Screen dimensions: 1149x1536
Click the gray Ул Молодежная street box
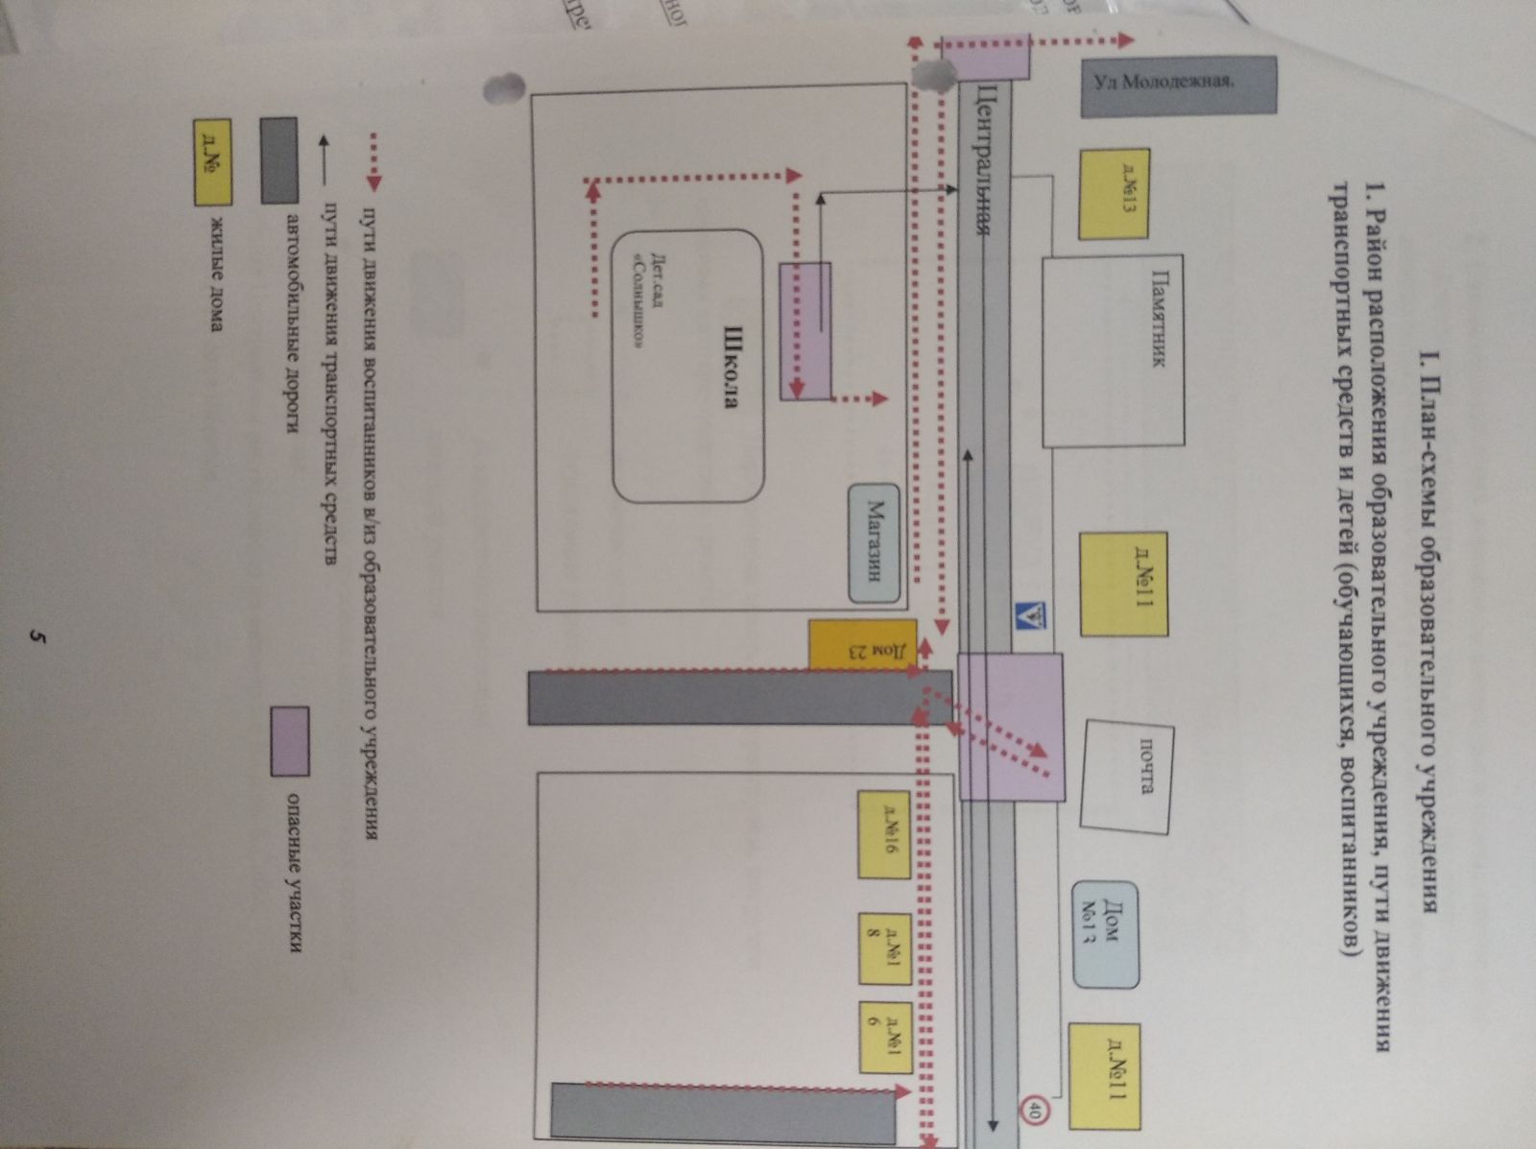[x=1178, y=86]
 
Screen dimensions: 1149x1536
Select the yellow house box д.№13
[x=1115, y=193]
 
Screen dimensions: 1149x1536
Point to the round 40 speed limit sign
[x=1035, y=1113]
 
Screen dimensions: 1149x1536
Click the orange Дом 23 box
[x=862, y=644]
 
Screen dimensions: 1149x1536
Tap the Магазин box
[x=874, y=542]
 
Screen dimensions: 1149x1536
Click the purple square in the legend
[x=289, y=740]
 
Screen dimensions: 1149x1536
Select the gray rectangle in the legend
[x=279, y=160]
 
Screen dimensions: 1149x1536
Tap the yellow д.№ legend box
[x=212, y=162]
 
